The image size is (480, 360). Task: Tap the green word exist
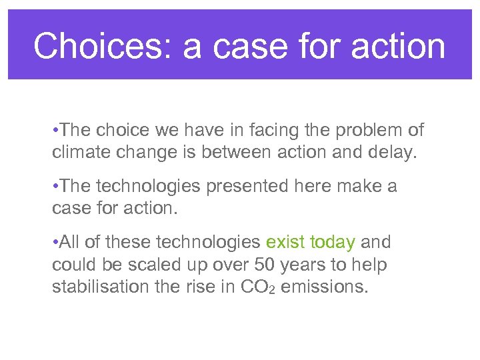(285, 242)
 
